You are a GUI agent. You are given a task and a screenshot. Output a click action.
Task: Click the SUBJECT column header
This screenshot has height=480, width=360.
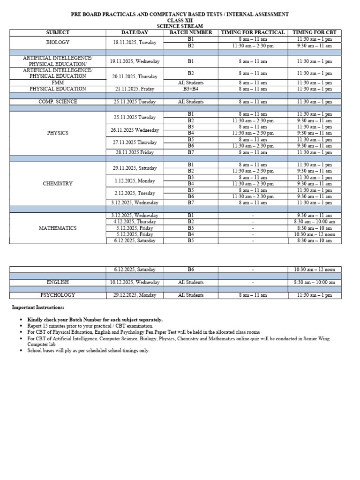point(58,32)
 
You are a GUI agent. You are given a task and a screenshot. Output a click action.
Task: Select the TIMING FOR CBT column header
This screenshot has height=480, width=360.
point(315,32)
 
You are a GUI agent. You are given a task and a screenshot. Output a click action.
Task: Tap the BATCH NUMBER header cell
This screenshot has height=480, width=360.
point(190,32)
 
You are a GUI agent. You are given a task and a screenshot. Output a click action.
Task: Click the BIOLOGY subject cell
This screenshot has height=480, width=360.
point(58,42)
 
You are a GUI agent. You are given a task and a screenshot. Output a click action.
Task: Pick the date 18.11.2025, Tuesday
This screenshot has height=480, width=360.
point(135,42)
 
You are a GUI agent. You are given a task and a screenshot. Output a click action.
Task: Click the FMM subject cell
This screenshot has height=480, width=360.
point(58,82)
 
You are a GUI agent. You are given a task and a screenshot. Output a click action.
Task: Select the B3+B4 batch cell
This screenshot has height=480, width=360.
point(190,89)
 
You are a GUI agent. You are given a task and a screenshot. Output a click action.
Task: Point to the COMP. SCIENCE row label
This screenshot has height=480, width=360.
point(58,102)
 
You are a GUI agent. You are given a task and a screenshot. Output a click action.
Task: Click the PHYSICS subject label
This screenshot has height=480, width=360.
point(58,133)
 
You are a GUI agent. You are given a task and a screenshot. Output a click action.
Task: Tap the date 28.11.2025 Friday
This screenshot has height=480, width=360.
point(135,152)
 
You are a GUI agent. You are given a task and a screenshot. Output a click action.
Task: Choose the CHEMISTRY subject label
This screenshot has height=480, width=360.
point(58,184)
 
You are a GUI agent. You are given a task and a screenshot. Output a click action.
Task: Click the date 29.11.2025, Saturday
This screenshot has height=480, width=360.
point(135,168)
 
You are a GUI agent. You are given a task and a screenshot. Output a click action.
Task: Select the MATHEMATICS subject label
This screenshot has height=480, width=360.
point(58,228)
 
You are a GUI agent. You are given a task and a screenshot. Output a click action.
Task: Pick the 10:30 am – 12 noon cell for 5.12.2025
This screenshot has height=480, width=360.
point(315,234)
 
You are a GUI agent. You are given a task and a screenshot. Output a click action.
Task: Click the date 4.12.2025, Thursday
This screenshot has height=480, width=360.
point(135,222)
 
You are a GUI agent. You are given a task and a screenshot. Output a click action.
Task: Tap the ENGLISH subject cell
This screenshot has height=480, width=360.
point(58,282)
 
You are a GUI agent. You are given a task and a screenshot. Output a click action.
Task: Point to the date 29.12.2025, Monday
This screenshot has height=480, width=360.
point(135,295)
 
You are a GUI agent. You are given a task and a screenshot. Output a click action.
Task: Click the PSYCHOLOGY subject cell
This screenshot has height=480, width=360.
point(58,295)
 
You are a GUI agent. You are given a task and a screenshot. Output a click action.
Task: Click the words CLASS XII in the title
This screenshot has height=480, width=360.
point(180,21)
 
